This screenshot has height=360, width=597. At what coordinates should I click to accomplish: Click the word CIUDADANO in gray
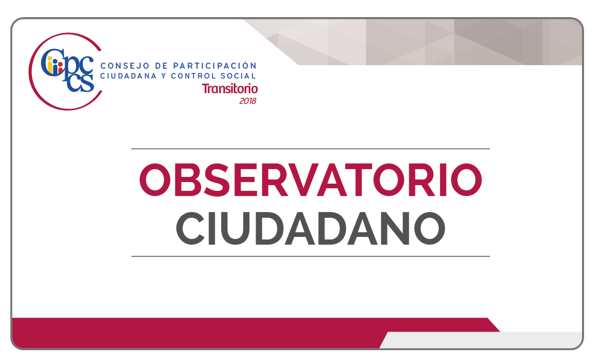[310, 228]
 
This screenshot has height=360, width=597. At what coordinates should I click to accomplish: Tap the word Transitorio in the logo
[230, 88]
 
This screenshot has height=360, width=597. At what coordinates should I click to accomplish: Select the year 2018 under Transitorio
[248, 101]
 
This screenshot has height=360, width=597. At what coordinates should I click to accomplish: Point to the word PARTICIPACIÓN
[215, 66]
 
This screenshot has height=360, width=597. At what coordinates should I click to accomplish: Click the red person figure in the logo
[60, 68]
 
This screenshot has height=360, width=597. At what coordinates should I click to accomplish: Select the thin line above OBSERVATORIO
[311, 149]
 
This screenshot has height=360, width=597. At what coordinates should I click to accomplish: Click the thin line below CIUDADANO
[311, 257]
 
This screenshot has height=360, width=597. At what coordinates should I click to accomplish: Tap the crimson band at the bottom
[229, 332]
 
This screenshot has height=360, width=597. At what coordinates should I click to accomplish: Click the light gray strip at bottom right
[482, 340]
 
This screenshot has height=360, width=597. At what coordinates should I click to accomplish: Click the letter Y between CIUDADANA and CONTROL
[163, 76]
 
